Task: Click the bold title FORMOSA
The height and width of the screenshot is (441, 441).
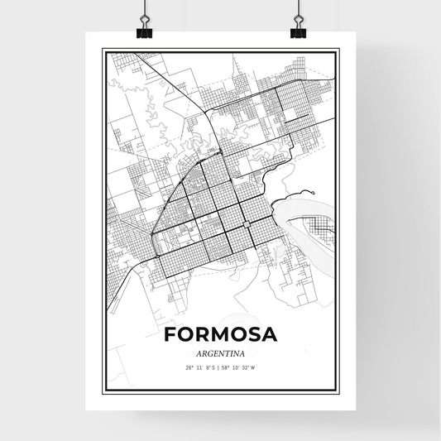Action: (220, 335)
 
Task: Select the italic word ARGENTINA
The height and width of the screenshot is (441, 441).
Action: (220, 353)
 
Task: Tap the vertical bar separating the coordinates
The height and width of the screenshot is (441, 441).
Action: (220, 367)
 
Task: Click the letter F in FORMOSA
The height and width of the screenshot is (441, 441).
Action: (170, 335)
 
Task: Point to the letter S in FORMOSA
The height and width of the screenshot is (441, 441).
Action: (251, 335)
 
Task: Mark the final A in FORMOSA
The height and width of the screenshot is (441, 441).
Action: (268, 335)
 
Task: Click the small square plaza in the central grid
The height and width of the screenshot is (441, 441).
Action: (246, 224)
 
